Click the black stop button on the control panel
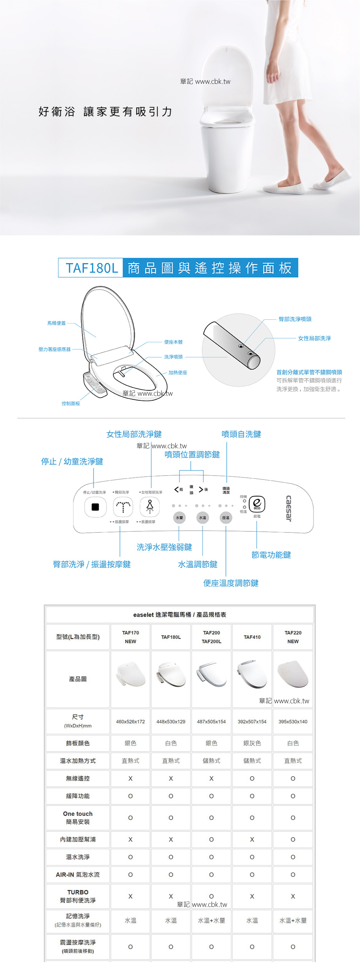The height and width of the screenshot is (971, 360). (x=95, y=507)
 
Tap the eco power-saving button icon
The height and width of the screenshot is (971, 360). (x=257, y=504)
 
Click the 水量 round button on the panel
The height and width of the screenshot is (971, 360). (x=179, y=518)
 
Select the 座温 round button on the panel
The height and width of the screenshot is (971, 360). (x=225, y=518)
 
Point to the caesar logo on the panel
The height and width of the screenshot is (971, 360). (x=289, y=508)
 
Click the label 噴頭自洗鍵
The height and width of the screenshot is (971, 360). (x=241, y=434)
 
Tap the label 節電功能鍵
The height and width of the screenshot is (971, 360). (x=271, y=555)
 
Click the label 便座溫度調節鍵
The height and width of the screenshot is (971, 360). (x=231, y=583)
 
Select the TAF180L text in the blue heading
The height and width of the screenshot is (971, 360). (x=92, y=268)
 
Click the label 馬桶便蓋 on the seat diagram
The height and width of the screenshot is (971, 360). (x=56, y=323)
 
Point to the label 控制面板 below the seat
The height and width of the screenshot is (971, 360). (x=71, y=403)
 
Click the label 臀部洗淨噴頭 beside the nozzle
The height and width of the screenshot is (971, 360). (x=295, y=319)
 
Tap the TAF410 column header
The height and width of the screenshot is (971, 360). (x=252, y=637)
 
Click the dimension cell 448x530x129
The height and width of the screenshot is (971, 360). (x=171, y=721)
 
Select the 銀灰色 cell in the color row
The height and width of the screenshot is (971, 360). (x=252, y=743)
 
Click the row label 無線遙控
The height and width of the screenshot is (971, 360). (x=78, y=779)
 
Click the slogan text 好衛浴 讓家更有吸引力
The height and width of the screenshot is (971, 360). (x=105, y=112)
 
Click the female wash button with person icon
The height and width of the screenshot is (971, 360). (x=150, y=506)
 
